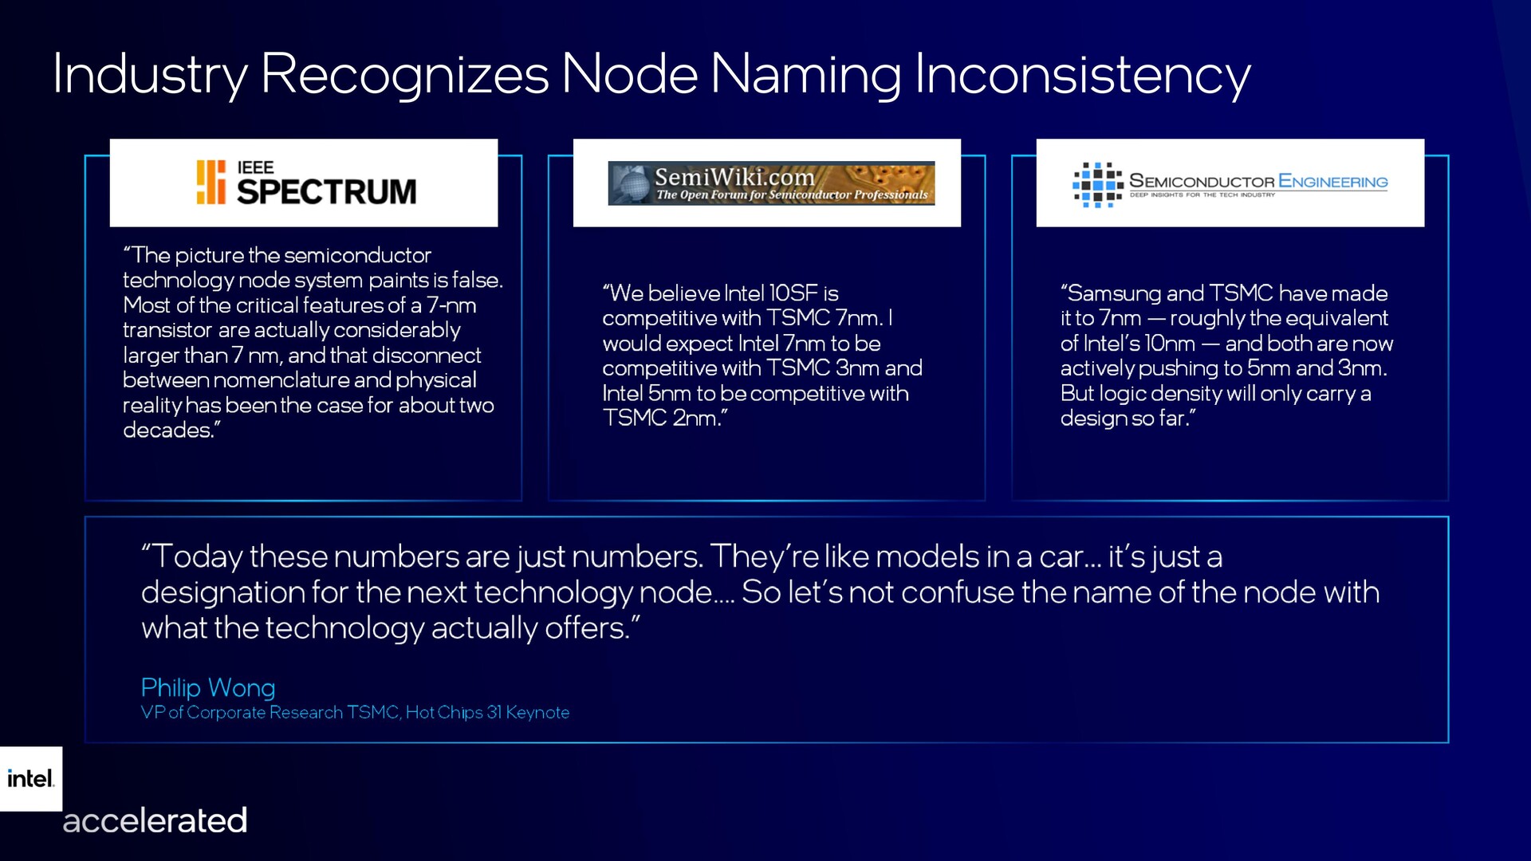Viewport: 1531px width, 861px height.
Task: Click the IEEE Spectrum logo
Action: coord(306,183)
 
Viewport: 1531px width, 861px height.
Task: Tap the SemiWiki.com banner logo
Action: coord(771,183)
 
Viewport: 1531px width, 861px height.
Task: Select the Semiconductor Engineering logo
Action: coord(1230,184)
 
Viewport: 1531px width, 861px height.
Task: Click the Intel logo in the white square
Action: coord(31,778)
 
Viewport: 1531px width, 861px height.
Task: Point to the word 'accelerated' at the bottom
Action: coord(155,820)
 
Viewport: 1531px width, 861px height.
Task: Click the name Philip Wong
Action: coord(208,687)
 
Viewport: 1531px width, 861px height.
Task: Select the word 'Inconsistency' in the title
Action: coord(1083,74)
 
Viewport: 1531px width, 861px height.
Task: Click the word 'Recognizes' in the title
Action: coord(404,74)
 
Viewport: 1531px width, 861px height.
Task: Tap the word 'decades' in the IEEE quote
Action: coord(167,430)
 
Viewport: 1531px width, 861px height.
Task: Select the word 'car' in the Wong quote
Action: coord(1061,557)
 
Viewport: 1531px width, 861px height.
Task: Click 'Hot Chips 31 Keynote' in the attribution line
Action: coord(487,712)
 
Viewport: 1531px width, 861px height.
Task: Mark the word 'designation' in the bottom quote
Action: coord(222,592)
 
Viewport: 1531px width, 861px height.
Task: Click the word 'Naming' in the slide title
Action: coord(806,74)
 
